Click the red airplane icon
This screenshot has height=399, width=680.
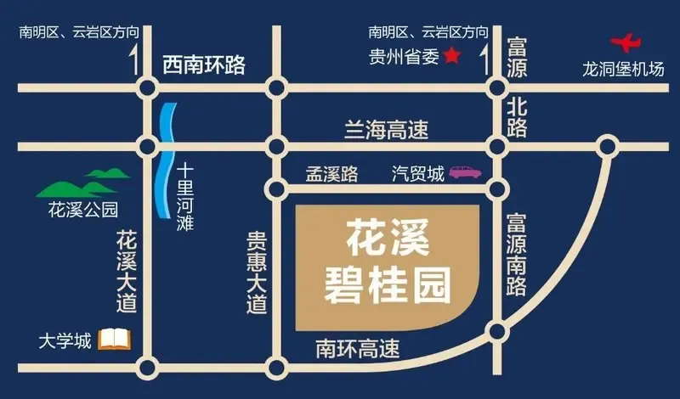(627, 42)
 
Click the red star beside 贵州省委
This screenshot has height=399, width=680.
(451, 56)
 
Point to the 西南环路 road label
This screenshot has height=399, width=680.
(204, 64)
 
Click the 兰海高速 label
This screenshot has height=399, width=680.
(386, 130)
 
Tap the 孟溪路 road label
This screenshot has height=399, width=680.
(332, 174)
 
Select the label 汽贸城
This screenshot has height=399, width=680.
(417, 174)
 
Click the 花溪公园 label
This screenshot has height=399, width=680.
(82, 209)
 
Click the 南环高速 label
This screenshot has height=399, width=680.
(357, 347)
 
